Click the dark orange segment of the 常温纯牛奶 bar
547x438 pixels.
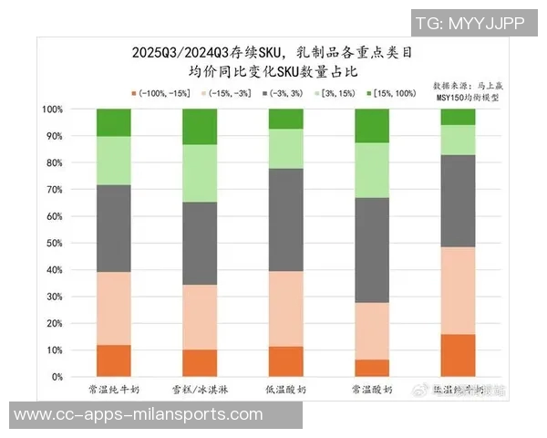pos(113,360)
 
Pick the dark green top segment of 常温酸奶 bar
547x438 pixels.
pos(371,126)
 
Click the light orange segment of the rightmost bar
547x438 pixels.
pos(458,290)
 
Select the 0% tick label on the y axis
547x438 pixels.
pos(55,377)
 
